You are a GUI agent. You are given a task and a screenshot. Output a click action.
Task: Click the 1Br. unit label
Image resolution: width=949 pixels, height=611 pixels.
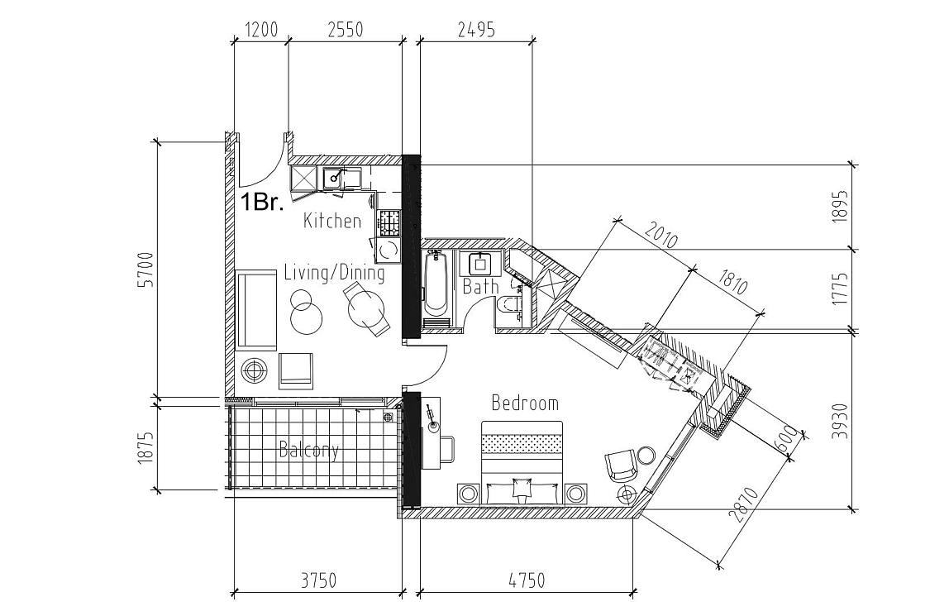point(262,203)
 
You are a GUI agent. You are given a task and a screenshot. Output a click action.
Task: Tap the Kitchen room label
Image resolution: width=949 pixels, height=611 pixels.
point(332,221)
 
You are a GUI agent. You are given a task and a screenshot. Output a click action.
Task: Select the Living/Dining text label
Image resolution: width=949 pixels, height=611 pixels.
point(334,273)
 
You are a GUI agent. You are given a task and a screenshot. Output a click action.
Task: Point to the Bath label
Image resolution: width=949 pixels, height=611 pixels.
point(480,286)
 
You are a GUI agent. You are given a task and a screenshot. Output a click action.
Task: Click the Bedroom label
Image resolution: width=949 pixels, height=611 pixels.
point(525,403)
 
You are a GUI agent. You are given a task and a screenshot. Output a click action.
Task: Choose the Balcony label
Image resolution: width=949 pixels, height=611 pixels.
point(308,450)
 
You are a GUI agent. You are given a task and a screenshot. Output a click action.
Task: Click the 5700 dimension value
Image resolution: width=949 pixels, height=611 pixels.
point(147,270)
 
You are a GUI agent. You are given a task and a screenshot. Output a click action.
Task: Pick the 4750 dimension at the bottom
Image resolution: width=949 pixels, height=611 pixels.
point(527,580)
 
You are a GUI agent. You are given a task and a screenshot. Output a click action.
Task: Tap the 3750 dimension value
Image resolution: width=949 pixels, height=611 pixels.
point(318,580)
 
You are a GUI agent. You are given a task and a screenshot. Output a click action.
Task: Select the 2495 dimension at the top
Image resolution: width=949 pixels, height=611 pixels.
point(475,30)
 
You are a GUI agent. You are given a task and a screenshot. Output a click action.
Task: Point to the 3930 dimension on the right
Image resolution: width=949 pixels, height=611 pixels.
point(840,420)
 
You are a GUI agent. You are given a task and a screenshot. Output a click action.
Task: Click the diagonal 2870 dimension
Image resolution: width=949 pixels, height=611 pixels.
point(744,505)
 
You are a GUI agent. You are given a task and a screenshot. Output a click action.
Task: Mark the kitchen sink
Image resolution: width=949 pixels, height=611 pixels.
point(333,178)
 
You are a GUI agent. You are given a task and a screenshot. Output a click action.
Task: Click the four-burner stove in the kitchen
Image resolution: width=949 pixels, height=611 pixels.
point(390,223)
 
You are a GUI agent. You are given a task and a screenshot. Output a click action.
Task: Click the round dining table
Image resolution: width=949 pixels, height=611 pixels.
point(366,308)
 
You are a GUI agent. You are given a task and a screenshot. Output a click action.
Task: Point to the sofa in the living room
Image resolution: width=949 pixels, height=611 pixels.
point(255,310)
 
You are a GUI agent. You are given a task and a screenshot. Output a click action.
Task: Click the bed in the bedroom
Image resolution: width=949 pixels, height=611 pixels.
point(522,463)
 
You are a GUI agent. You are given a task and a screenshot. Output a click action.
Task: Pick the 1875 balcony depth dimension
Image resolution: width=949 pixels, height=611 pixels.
point(147,447)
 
